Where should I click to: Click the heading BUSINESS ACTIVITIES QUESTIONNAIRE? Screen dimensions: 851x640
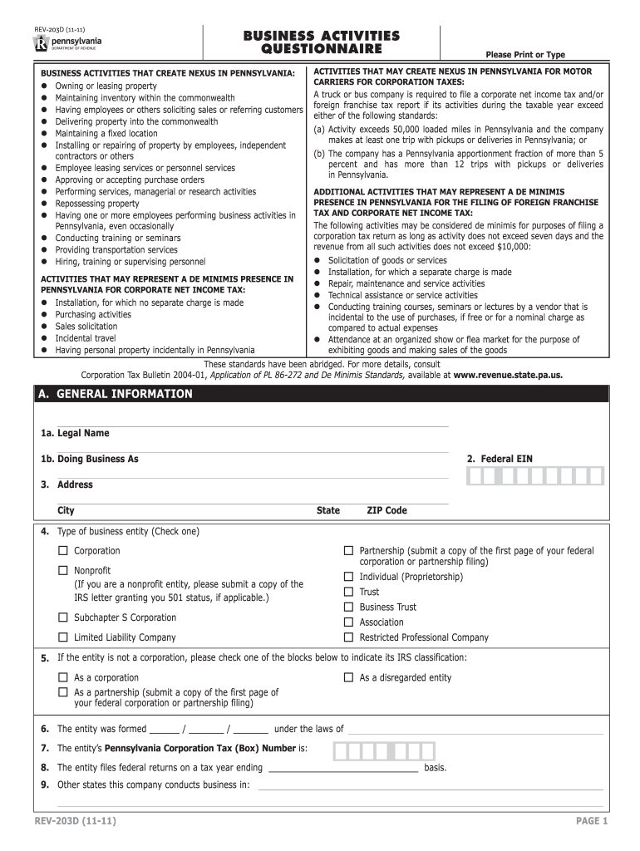point(321,42)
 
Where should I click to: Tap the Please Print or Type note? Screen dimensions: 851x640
point(531,55)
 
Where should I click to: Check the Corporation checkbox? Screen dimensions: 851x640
point(62,551)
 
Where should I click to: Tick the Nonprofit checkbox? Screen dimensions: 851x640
point(62,571)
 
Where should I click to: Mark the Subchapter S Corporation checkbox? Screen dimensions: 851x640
point(62,617)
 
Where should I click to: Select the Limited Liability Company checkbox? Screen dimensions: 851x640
point(62,637)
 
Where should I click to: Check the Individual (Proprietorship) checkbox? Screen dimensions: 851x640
point(349,577)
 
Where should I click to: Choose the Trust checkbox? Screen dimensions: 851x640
point(349,592)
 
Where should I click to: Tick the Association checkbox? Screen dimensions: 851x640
point(349,622)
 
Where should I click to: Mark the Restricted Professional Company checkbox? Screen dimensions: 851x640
point(349,637)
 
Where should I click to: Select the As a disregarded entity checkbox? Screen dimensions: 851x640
point(349,677)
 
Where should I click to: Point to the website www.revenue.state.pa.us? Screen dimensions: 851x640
point(508,375)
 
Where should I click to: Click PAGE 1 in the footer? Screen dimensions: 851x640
point(593,822)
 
